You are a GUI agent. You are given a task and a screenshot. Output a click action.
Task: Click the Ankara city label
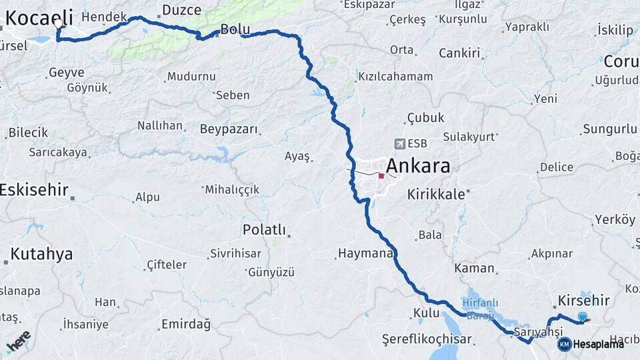tap(418, 166)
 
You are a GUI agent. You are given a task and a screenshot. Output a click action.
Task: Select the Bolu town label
tap(235, 29)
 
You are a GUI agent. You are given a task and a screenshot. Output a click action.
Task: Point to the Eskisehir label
tap(34, 190)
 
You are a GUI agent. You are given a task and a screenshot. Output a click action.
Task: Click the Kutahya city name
tap(41, 254)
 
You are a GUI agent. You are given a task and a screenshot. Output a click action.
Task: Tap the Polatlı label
tap(264, 230)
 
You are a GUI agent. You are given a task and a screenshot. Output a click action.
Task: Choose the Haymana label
tap(365, 253)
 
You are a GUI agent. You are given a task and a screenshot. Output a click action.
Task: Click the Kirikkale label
tap(436, 194)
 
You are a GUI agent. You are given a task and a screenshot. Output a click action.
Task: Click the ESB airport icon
tap(400, 143)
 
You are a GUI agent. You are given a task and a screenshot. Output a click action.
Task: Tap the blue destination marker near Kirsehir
tap(583, 317)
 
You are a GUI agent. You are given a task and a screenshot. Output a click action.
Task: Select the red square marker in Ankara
tap(381, 177)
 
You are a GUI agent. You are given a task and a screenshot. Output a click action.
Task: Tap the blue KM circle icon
tap(564, 344)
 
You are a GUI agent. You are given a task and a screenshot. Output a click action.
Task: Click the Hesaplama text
tap(599, 344)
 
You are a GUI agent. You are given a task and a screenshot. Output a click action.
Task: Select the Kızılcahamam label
tap(396, 77)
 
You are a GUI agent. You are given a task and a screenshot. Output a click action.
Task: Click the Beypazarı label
tap(229, 129)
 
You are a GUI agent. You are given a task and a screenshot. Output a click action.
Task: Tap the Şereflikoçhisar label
tap(427, 339)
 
